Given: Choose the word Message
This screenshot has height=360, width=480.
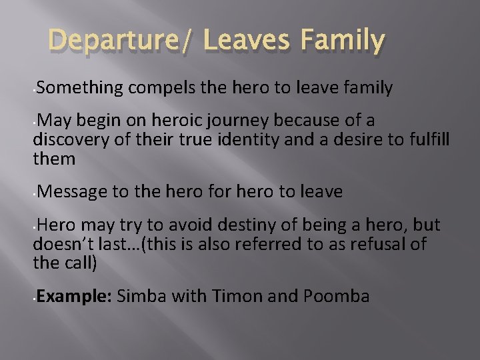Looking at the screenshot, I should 71,192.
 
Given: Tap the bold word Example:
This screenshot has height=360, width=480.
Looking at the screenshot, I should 73,296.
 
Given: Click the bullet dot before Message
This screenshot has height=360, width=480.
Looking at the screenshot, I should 33,195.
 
